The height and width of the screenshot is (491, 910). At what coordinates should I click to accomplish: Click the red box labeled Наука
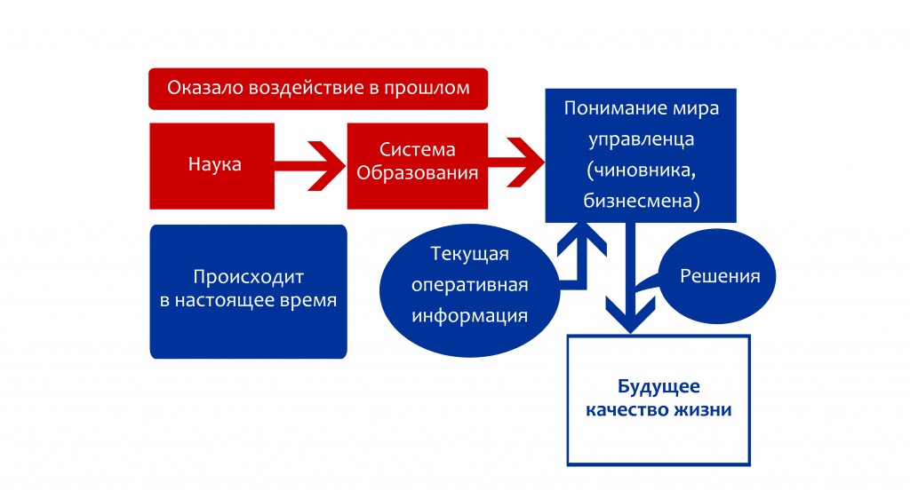click(212, 166)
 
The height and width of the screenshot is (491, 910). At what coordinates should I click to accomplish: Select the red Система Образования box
click(418, 166)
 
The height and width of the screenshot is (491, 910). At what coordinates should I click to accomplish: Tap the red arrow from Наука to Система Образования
click(310, 166)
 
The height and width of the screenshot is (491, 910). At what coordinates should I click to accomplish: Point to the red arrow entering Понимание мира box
click(516, 162)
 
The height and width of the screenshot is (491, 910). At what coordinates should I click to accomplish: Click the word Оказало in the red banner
click(205, 88)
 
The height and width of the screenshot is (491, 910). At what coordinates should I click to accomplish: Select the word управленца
click(642, 139)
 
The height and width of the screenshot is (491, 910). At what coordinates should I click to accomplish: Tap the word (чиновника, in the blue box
click(642, 170)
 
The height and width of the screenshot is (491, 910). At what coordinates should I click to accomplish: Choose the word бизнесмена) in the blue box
click(642, 201)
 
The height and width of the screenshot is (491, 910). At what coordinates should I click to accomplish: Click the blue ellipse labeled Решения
click(718, 276)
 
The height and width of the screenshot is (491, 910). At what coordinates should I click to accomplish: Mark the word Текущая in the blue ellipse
click(469, 254)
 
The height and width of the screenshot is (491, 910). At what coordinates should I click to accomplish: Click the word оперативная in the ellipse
click(469, 285)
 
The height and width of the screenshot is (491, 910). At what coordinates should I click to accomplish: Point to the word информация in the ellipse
click(469, 316)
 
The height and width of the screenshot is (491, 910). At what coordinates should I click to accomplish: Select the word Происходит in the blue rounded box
click(249, 277)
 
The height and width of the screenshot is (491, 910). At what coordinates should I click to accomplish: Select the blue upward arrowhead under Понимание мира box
click(582, 239)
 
